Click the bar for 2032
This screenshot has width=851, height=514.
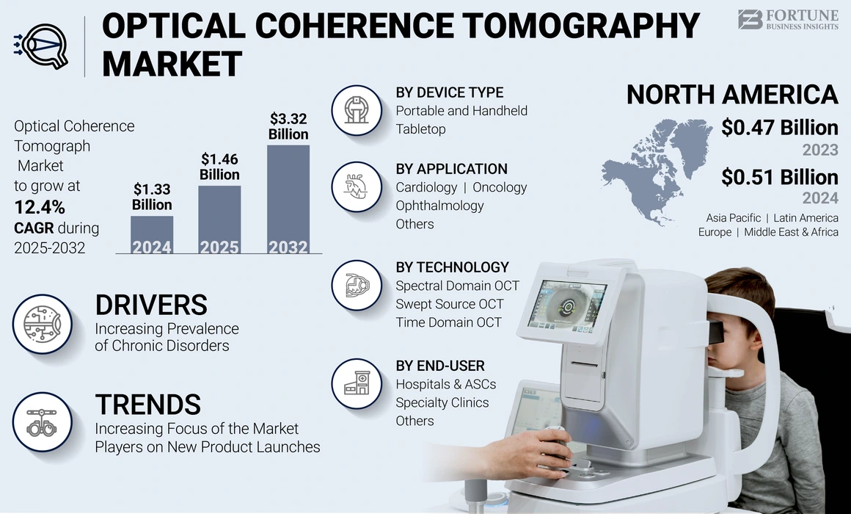click(x=288, y=198)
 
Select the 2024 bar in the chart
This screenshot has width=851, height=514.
click(x=152, y=234)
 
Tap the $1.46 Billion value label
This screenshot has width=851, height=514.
click(x=219, y=166)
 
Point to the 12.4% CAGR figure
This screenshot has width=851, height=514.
click(x=40, y=206)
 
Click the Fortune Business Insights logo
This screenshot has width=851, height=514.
click(x=787, y=19)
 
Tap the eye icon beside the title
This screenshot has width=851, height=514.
click(x=41, y=46)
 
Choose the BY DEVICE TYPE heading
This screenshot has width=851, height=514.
click(x=449, y=93)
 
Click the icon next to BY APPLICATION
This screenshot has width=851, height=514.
click(x=356, y=187)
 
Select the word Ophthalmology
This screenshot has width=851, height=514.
click(x=439, y=206)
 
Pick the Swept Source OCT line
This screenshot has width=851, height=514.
click(x=449, y=304)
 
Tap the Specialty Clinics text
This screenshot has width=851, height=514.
click(x=442, y=402)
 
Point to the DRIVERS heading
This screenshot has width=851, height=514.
click(x=151, y=305)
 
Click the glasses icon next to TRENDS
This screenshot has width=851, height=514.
click(x=42, y=422)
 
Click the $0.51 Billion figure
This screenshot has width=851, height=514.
click(x=779, y=178)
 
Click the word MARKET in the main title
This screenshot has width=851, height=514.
click(x=172, y=64)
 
